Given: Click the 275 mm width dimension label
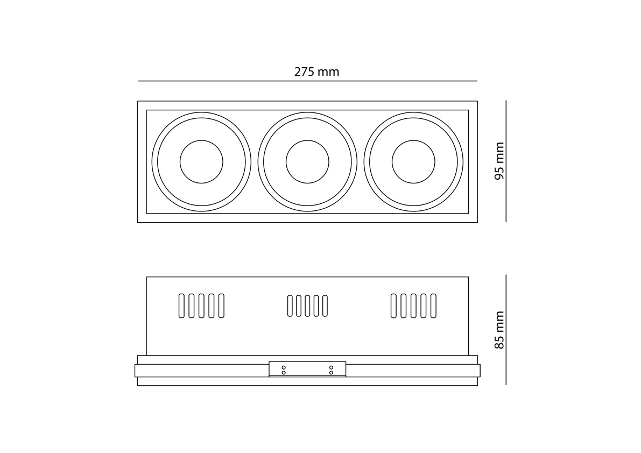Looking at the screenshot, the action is pos(316,72).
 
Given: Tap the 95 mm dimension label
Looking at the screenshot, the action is pos(499,161).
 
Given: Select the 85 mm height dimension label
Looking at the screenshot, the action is pos(499,330).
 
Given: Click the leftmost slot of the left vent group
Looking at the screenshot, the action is pos(181,306).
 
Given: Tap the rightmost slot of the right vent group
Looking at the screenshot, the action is pos(433,306).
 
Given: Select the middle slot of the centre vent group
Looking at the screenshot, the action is pos(307,306).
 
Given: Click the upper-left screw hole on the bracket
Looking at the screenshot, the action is pos(284,367).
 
